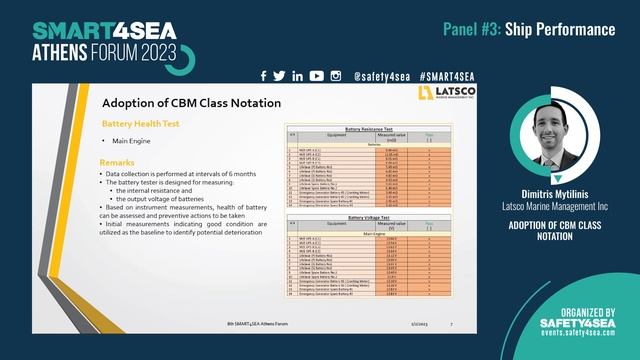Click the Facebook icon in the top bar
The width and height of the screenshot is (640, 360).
click(263, 76)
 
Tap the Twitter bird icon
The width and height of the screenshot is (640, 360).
click(279, 76)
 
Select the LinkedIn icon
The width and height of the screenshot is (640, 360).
click(297, 76)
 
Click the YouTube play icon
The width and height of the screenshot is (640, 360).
click(316, 76)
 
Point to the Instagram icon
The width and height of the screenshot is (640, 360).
click(336, 76)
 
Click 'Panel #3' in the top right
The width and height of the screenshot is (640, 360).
click(472, 29)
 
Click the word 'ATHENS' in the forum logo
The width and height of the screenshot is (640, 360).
click(66, 51)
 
